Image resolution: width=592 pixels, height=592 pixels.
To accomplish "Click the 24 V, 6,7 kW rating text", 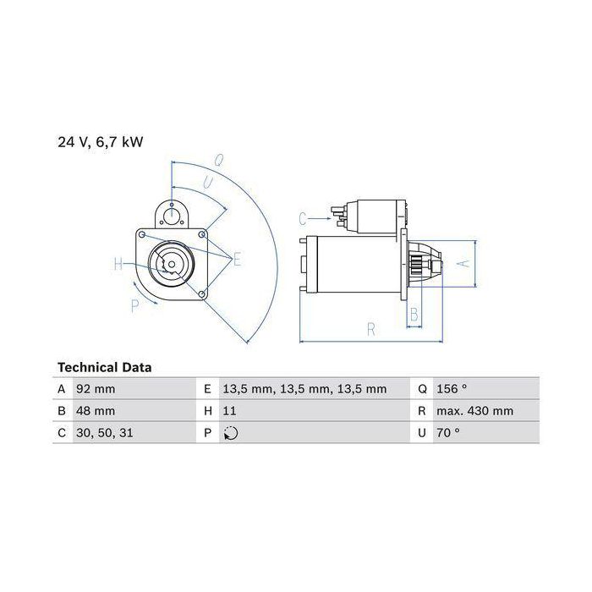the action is (x=101, y=142).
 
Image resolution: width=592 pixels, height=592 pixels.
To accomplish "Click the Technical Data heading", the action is (x=105, y=367).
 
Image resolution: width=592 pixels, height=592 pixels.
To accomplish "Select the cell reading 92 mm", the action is (x=96, y=389).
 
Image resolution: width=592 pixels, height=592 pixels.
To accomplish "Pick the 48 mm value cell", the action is (x=96, y=411).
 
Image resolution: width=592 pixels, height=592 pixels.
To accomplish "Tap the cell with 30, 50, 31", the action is (x=105, y=433).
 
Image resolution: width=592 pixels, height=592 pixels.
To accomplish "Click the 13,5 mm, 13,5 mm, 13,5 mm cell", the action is (x=304, y=389).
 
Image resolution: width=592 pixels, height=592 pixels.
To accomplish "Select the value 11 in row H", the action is (x=229, y=411).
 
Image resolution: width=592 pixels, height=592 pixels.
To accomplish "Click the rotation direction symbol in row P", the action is (x=231, y=433).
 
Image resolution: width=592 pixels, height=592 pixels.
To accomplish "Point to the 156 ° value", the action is (x=452, y=389).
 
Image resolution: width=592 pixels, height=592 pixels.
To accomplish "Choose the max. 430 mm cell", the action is (x=475, y=411).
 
